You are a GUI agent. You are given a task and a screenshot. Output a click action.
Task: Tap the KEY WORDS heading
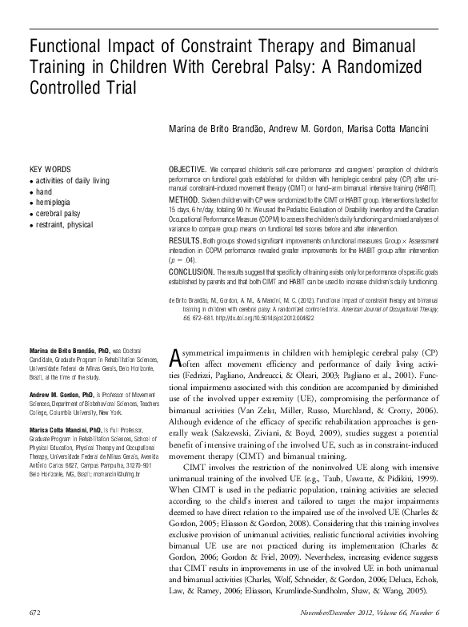(50, 171)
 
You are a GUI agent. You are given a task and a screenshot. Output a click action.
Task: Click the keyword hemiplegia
(56, 203)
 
